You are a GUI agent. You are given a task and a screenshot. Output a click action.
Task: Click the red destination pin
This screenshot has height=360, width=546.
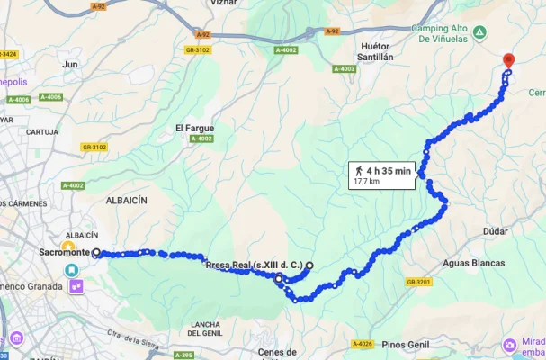508,61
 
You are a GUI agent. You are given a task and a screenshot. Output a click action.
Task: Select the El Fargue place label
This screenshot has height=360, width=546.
194,128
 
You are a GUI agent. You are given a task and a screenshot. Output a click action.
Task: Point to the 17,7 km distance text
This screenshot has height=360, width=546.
366,181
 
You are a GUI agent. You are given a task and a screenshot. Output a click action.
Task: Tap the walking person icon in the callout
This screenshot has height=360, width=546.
359,170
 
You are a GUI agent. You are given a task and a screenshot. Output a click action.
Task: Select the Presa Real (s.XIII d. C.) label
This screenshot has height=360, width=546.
254,265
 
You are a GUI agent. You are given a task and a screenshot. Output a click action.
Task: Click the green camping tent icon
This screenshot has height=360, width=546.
481,33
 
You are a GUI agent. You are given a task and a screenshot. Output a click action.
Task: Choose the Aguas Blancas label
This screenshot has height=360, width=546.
474,263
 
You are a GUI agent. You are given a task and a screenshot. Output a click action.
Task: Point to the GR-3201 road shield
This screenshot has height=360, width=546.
418,282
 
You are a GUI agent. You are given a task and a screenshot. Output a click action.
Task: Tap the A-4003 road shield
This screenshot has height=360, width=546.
345,69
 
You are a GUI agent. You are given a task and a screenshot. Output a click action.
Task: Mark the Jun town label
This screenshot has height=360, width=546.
70,64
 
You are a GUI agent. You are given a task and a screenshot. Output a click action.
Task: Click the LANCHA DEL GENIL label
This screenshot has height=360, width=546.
206,328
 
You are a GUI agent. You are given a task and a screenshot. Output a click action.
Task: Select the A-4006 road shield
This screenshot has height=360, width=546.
50,97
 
